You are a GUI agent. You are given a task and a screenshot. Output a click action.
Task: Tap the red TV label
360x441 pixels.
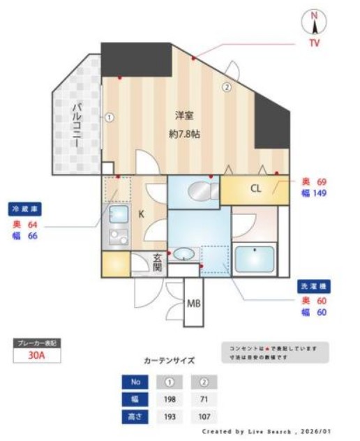315,43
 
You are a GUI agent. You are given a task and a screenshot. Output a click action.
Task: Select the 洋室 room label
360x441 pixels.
184,114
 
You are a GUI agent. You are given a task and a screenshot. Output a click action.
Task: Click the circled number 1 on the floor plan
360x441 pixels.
109,117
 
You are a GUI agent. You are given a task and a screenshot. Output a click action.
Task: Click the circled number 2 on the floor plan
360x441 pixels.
227,87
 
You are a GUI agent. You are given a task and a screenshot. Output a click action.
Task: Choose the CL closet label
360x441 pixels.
255,188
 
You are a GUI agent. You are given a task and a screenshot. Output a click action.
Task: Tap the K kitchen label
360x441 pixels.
142,214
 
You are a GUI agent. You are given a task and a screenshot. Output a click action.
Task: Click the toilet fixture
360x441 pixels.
193,189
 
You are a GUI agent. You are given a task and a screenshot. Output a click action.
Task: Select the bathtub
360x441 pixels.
254,260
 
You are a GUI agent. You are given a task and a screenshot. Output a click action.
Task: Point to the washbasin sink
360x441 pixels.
184,253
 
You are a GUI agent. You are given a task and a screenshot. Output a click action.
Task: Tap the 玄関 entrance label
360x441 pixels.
158,262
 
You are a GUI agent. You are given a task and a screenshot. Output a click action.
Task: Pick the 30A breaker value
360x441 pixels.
37,355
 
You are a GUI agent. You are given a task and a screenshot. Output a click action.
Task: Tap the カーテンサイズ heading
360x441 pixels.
169,361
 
